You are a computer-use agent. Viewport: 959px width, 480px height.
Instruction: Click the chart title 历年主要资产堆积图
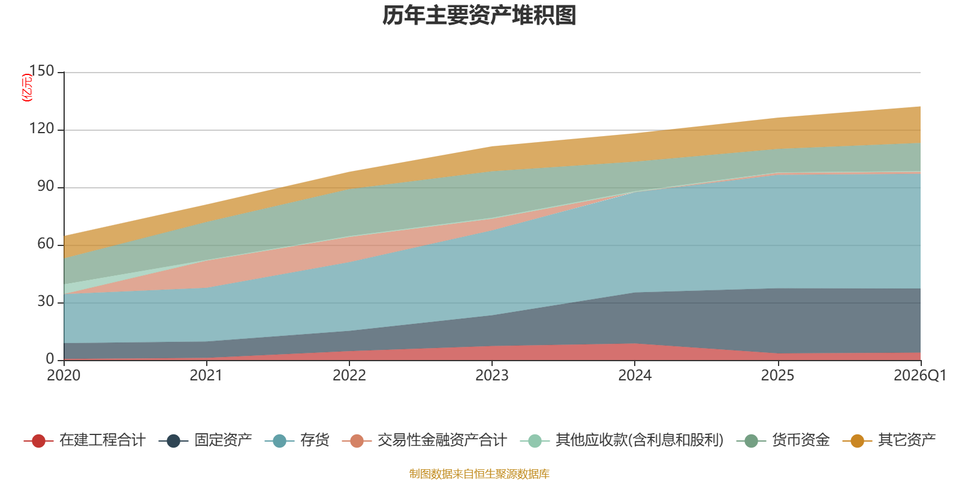[479, 16]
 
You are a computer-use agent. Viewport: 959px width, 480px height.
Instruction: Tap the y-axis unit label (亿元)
[27, 88]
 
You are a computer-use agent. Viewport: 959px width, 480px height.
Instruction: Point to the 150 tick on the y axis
[42, 71]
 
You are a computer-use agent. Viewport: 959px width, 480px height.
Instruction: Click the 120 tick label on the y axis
[42, 128]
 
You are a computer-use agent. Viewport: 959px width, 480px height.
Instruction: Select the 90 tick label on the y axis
[46, 186]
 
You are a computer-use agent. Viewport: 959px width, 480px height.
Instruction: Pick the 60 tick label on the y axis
[46, 244]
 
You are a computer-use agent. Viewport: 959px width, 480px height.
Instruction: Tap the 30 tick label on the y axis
[46, 301]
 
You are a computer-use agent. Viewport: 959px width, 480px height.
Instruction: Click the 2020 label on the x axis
[64, 376]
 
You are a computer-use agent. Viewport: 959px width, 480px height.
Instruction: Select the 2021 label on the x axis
[206, 376]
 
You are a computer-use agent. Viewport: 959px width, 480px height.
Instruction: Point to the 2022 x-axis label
[349, 376]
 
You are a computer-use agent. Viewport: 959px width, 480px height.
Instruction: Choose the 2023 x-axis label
[491, 376]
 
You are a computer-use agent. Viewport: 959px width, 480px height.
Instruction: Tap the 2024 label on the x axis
[635, 376]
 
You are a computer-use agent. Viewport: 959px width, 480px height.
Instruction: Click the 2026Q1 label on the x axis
[919, 376]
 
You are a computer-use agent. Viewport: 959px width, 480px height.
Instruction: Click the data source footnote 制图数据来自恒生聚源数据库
[479, 474]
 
